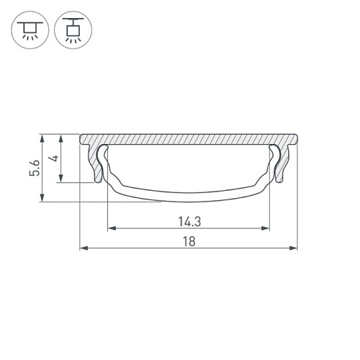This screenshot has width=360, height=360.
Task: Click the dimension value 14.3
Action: pos(188,221)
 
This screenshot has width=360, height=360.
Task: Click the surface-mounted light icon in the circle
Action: pos(30,30)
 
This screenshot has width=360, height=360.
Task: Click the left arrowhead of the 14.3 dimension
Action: pos(111,229)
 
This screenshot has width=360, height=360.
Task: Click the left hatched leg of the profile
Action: pos(95,162)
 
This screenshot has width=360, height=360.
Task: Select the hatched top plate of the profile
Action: pos(188,138)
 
